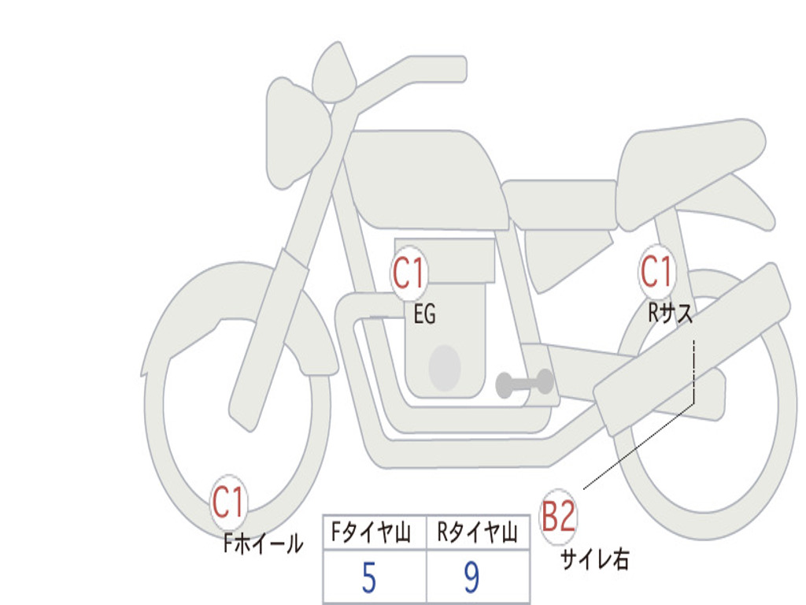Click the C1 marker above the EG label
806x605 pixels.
[x=409, y=273]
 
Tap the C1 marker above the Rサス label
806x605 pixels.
[x=657, y=271]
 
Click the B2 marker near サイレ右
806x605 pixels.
[x=558, y=516]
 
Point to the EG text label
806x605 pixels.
[x=424, y=314]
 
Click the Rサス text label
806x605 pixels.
[x=670, y=312]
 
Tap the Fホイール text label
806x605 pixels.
[x=263, y=544]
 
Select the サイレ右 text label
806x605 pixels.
[x=595, y=559]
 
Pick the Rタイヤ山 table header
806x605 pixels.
[x=478, y=533]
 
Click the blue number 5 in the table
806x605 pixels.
[x=369, y=577]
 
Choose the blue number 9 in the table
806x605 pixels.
[x=472, y=577]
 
